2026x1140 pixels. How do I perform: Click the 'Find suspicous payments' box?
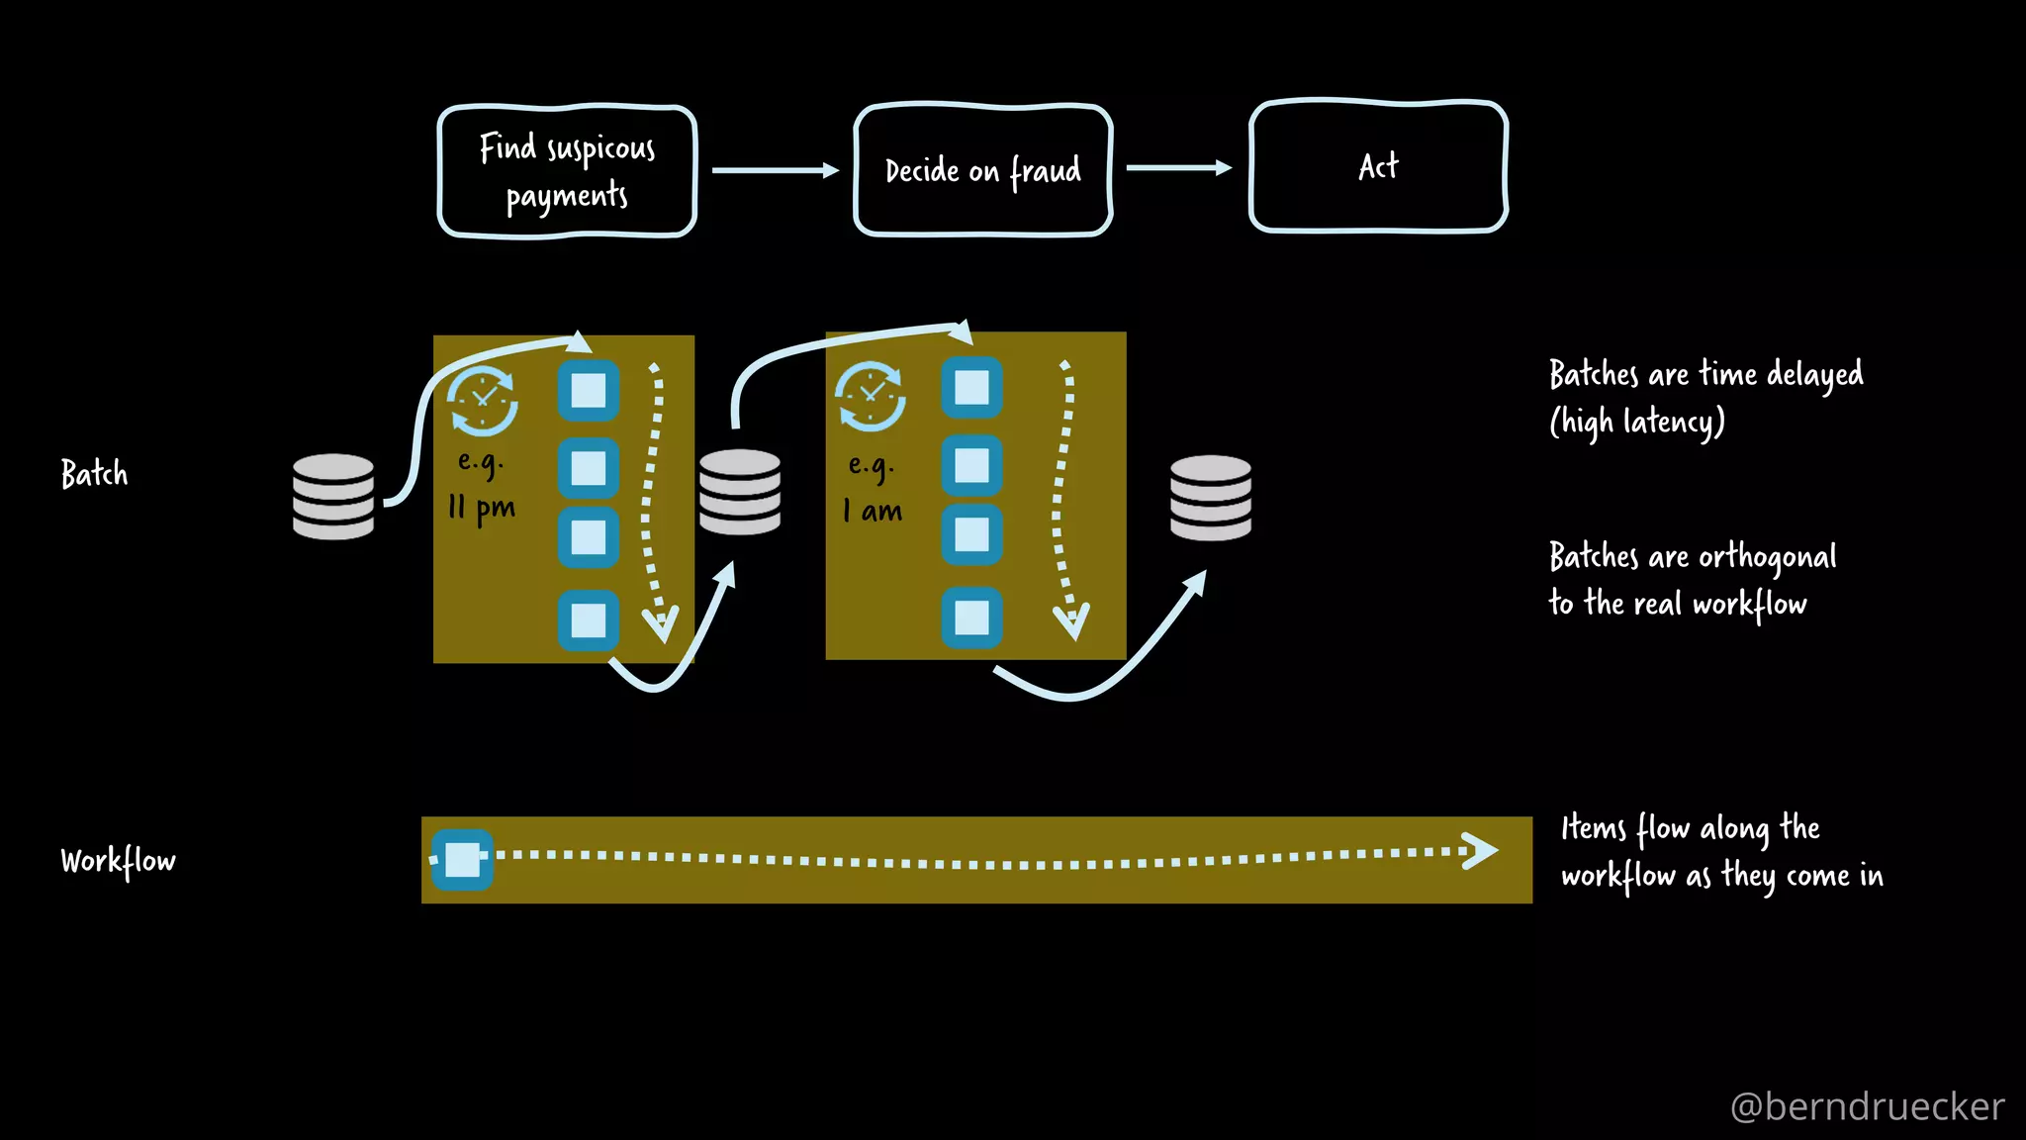coord(567,171)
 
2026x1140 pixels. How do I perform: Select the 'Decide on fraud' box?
coord(982,170)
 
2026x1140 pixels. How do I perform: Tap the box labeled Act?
coord(1378,166)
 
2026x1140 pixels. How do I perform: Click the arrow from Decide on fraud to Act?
coord(1178,168)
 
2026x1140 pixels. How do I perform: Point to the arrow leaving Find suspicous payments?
coord(775,170)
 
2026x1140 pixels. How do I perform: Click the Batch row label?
coord(94,474)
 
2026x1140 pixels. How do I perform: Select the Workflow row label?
coord(118,861)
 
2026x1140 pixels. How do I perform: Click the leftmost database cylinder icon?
coord(333,497)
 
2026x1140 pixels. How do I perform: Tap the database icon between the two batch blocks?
coord(740,492)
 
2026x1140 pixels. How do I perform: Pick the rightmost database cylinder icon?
coord(1211,498)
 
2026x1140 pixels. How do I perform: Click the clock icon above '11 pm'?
coord(482,401)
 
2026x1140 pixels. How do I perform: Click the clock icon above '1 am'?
coord(871,397)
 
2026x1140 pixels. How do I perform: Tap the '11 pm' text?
coord(482,509)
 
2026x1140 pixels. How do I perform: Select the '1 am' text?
coord(873,512)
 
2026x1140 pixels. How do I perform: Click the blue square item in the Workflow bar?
coord(462,859)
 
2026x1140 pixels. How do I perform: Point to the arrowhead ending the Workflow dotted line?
coord(1480,850)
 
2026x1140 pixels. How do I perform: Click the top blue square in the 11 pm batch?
coord(589,391)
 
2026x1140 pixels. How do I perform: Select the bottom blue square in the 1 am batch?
coord(971,617)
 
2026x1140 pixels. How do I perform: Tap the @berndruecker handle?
coord(1867,1106)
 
